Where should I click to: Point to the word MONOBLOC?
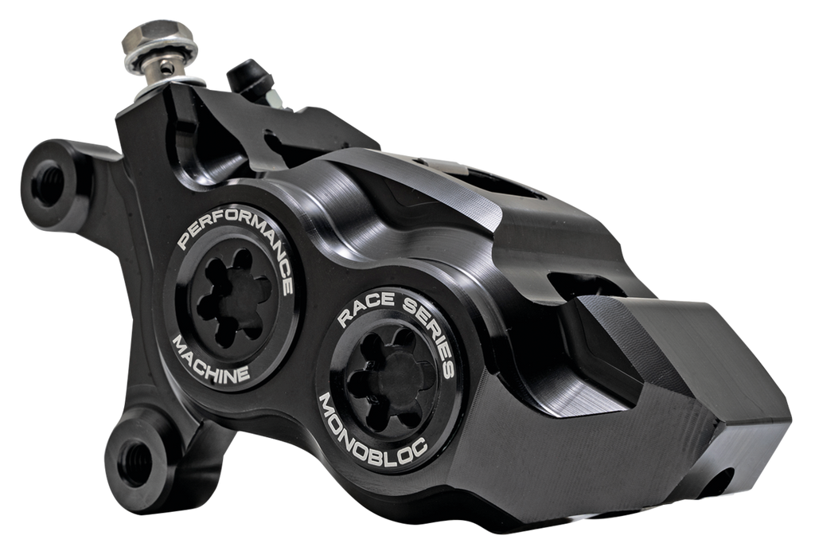coord(372,426)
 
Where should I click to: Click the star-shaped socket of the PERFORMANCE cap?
coord(229,303)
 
